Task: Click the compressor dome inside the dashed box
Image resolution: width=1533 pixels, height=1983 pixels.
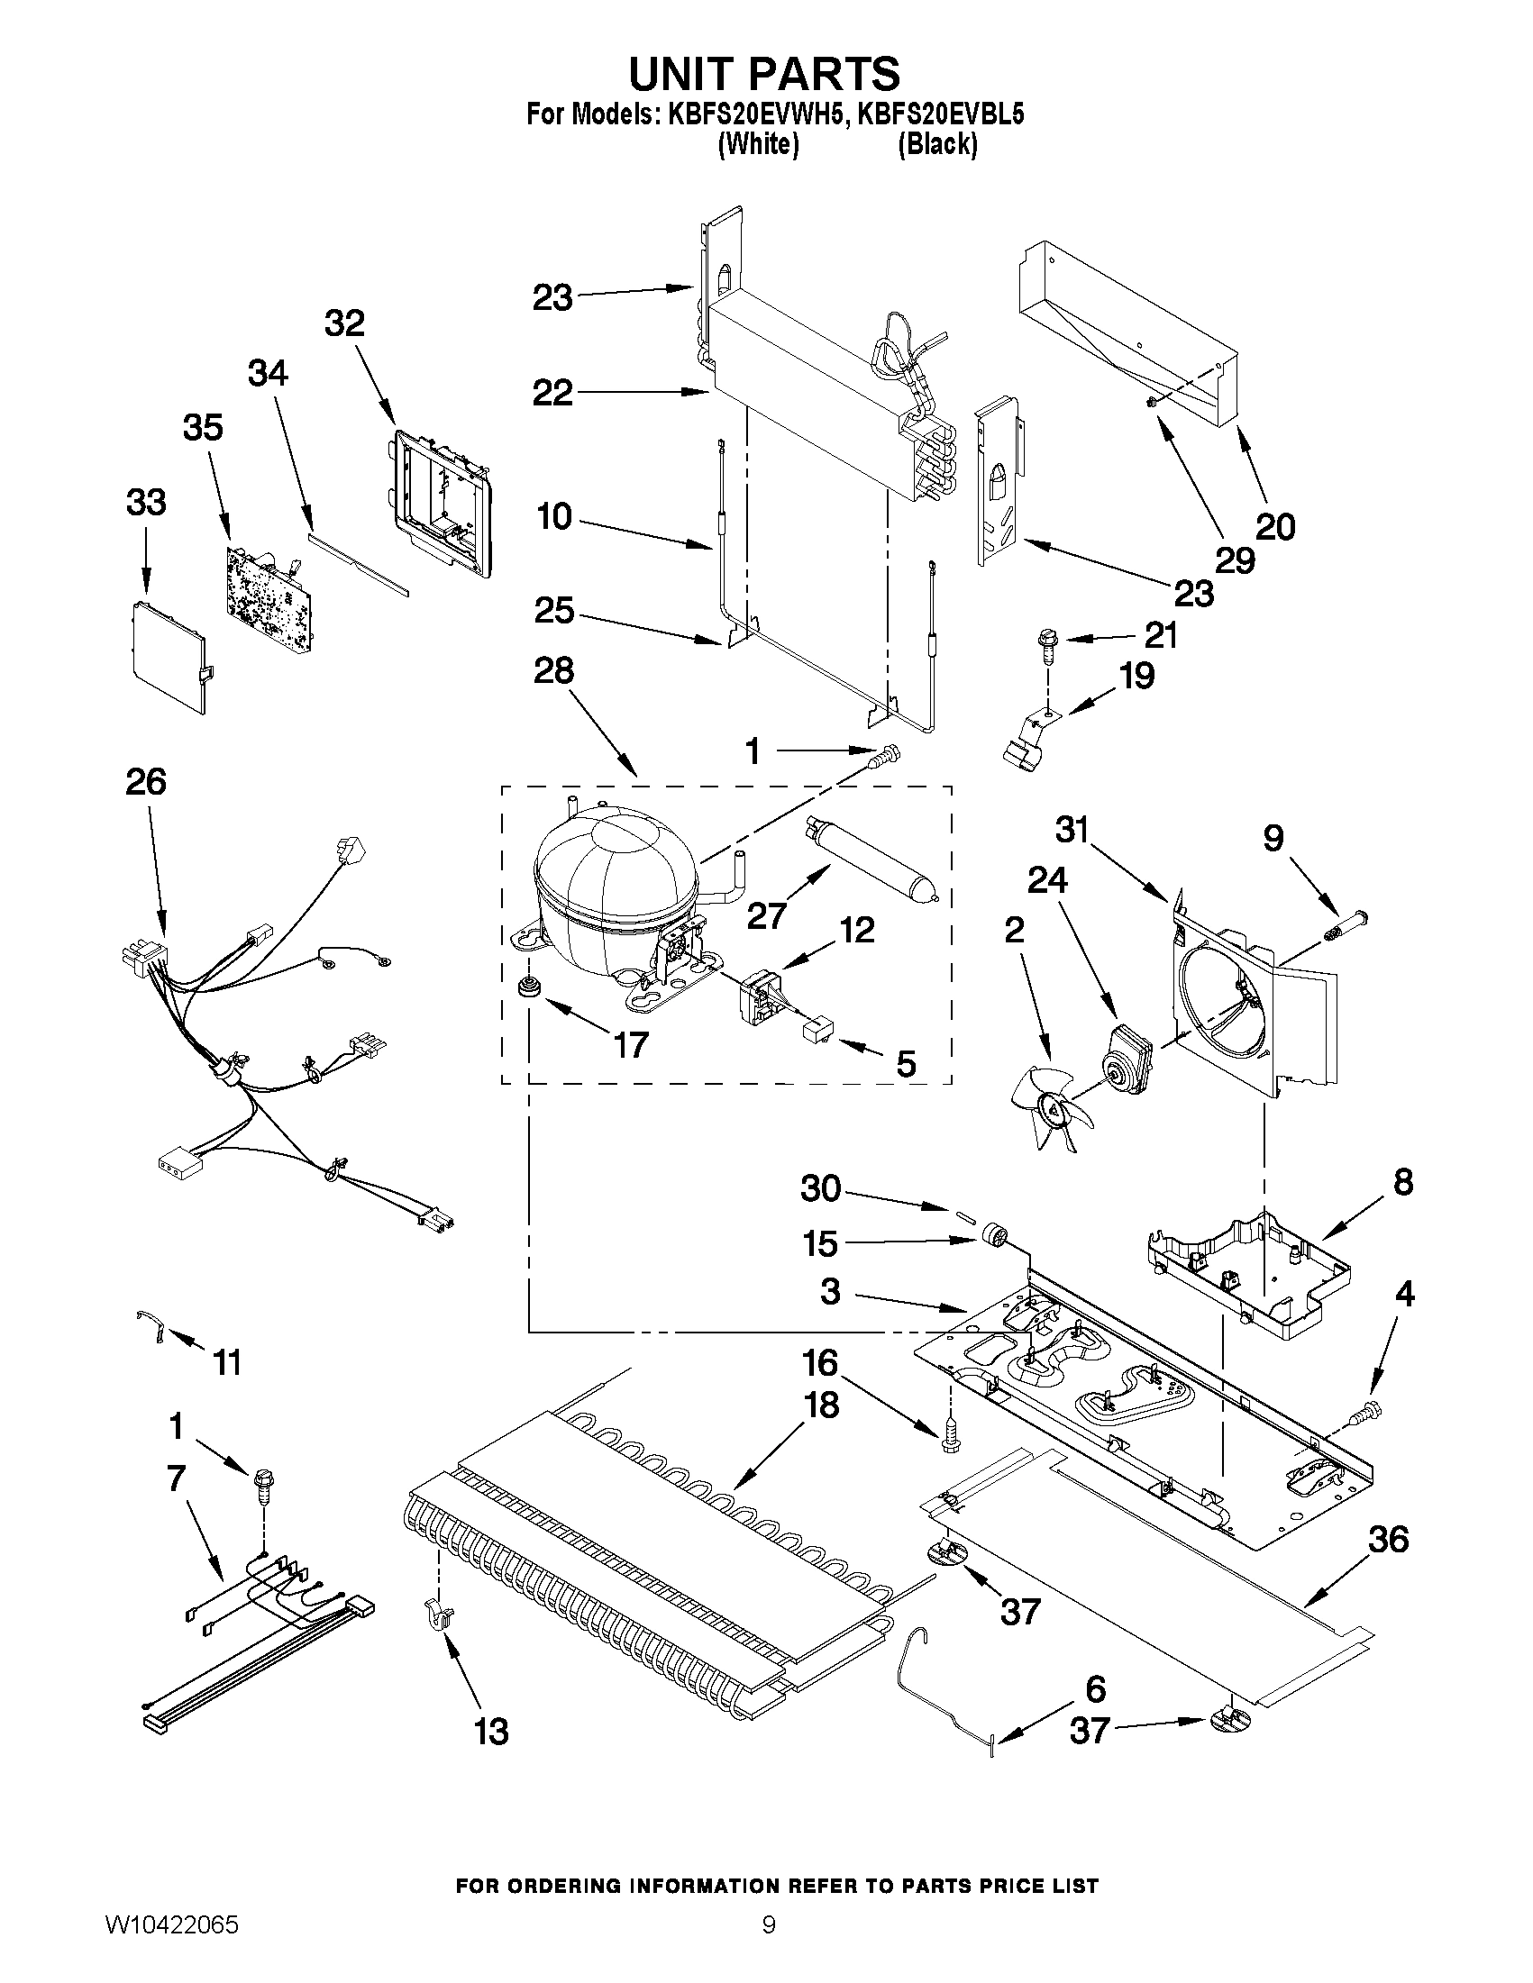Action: tap(613, 871)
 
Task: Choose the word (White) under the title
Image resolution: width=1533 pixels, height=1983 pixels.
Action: tap(757, 144)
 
